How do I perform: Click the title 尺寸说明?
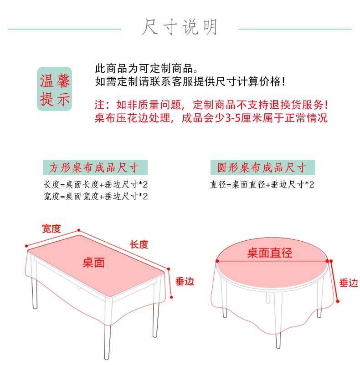(180, 27)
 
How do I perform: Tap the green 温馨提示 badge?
(55, 89)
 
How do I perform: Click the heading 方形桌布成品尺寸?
(95, 167)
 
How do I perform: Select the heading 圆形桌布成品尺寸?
(262, 167)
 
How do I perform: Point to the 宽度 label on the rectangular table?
(51, 228)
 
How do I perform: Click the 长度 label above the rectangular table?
(139, 244)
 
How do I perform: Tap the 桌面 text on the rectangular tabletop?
(93, 263)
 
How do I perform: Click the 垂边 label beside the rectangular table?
(185, 281)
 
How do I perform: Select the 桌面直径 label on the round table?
(270, 253)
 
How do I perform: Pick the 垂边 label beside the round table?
(349, 283)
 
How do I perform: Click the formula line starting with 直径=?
(262, 185)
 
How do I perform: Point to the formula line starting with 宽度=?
(96, 196)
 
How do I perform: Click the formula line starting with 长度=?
(96, 185)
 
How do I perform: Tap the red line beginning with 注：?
(211, 105)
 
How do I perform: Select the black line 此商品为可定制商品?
(146, 68)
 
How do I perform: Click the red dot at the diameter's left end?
(217, 261)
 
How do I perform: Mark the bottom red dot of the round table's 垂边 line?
(338, 301)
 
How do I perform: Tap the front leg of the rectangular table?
(107, 338)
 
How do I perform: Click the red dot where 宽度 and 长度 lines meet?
(79, 230)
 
